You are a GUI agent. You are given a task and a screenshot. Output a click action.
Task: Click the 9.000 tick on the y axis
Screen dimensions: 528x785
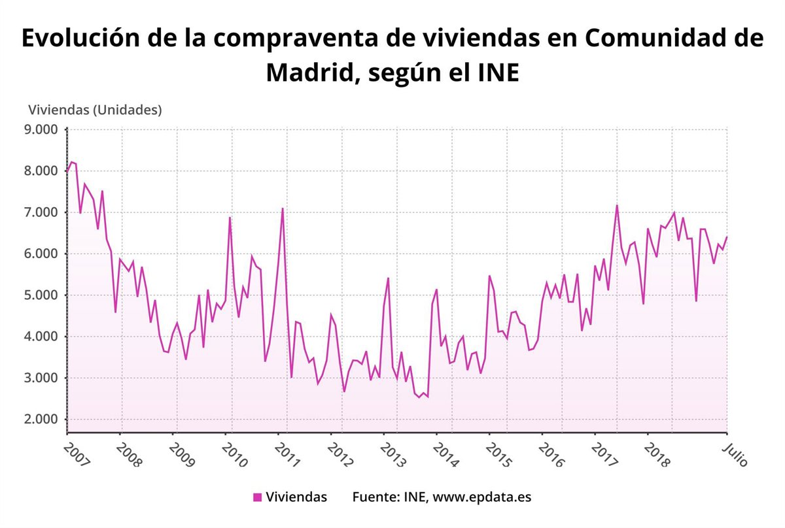(x=41, y=129)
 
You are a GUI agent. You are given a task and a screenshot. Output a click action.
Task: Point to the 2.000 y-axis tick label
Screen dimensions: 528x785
(x=41, y=420)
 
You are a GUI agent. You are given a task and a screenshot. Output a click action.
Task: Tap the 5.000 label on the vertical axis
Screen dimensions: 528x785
(x=41, y=295)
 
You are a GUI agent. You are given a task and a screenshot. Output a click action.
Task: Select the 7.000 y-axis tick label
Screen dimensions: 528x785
(x=41, y=212)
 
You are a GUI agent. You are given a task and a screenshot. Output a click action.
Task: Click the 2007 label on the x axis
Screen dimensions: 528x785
(x=77, y=453)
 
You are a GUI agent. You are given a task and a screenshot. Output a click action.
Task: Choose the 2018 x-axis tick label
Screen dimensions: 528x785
(x=656, y=454)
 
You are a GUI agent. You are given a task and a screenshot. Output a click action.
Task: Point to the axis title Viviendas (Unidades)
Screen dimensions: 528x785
(x=94, y=110)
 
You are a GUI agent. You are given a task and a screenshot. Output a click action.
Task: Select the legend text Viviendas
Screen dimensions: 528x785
(x=296, y=497)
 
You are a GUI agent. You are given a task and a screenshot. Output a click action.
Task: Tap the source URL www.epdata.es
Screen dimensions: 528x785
(x=482, y=497)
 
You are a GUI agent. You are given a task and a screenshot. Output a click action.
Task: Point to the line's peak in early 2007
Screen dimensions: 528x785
(x=71, y=161)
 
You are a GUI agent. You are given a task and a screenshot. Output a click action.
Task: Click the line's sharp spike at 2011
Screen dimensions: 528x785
(x=282, y=208)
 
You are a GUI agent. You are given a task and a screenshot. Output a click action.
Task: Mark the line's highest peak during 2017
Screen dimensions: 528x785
(x=616, y=205)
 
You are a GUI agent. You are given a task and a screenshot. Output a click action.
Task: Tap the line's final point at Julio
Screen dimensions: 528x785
(x=727, y=237)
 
